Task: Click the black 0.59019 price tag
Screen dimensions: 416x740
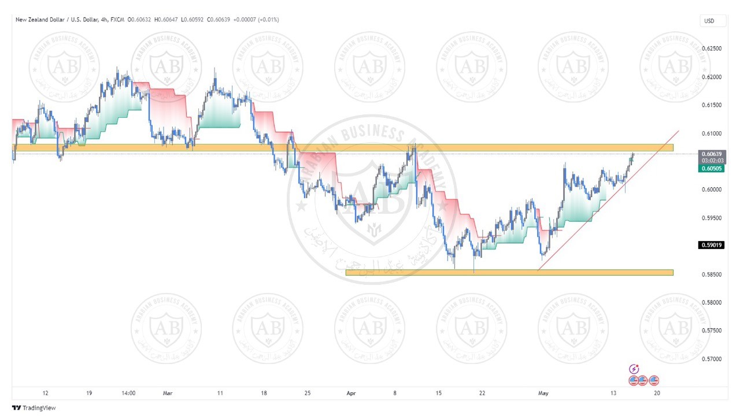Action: coord(712,245)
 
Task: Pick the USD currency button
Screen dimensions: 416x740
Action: coord(709,21)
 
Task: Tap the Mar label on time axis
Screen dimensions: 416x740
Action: coord(168,393)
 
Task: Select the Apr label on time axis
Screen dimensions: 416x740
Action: coord(351,393)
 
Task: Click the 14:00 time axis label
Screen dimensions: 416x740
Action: coord(129,393)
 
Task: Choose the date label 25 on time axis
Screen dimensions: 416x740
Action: coord(308,393)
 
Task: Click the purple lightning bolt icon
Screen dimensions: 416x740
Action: coord(634,369)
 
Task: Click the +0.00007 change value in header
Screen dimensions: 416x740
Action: coord(246,20)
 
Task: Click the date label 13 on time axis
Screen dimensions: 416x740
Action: coord(613,393)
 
